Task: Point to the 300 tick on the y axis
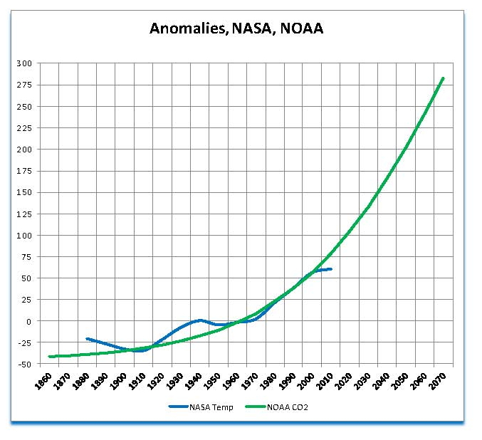[24, 63]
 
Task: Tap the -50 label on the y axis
[24, 364]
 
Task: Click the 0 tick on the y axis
[29, 321]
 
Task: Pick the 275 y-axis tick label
[24, 85]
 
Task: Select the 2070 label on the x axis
[444, 379]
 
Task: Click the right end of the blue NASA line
[331, 269]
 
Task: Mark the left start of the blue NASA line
[86, 339]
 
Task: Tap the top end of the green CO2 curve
[444, 78]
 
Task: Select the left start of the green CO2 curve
[49, 357]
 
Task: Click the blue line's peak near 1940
[200, 320]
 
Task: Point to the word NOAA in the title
[303, 28]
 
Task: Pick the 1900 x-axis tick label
[120, 379]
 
